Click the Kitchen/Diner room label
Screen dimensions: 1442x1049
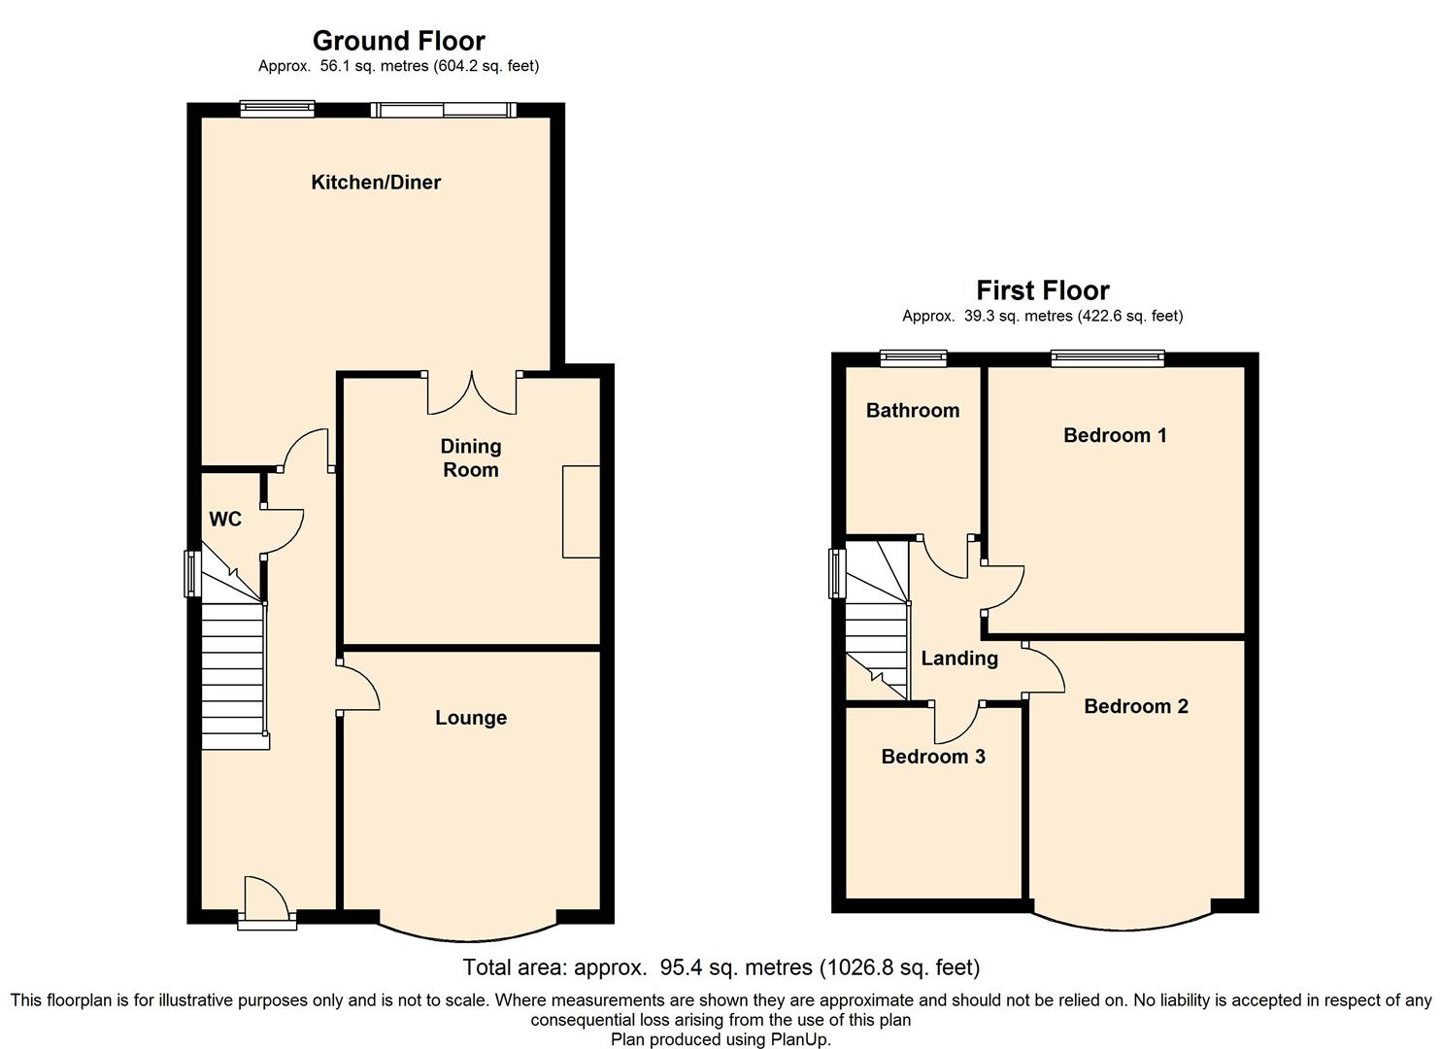pos(376,183)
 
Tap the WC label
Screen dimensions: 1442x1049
pos(225,519)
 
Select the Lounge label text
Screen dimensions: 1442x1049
pos(471,718)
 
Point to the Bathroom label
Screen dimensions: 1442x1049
pos(912,410)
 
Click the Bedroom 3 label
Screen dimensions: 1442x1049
pos(933,756)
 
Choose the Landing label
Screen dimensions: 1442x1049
pos(959,659)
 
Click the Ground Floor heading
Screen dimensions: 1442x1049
pos(398,41)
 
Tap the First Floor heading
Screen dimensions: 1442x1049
pos(1042,290)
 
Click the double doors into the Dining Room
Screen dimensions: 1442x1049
pos(472,392)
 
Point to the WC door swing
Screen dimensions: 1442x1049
pos(282,530)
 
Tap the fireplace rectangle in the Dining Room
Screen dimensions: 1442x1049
pos(582,511)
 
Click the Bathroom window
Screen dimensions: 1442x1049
pos(914,357)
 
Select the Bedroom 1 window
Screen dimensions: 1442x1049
pos(1108,358)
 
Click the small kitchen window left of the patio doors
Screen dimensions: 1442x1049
pos(278,108)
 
